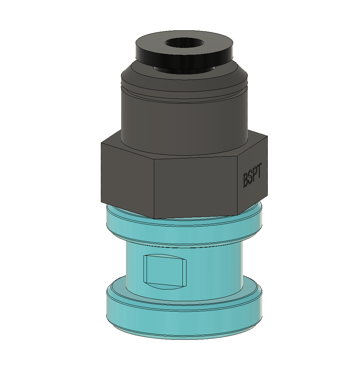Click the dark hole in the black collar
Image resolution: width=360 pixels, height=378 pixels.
point(184,43)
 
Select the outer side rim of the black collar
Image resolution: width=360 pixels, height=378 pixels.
point(184,58)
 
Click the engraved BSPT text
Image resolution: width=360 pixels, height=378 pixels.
point(252,175)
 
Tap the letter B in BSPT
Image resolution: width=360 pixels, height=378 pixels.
point(245,180)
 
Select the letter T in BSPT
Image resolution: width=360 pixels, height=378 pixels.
point(259,170)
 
